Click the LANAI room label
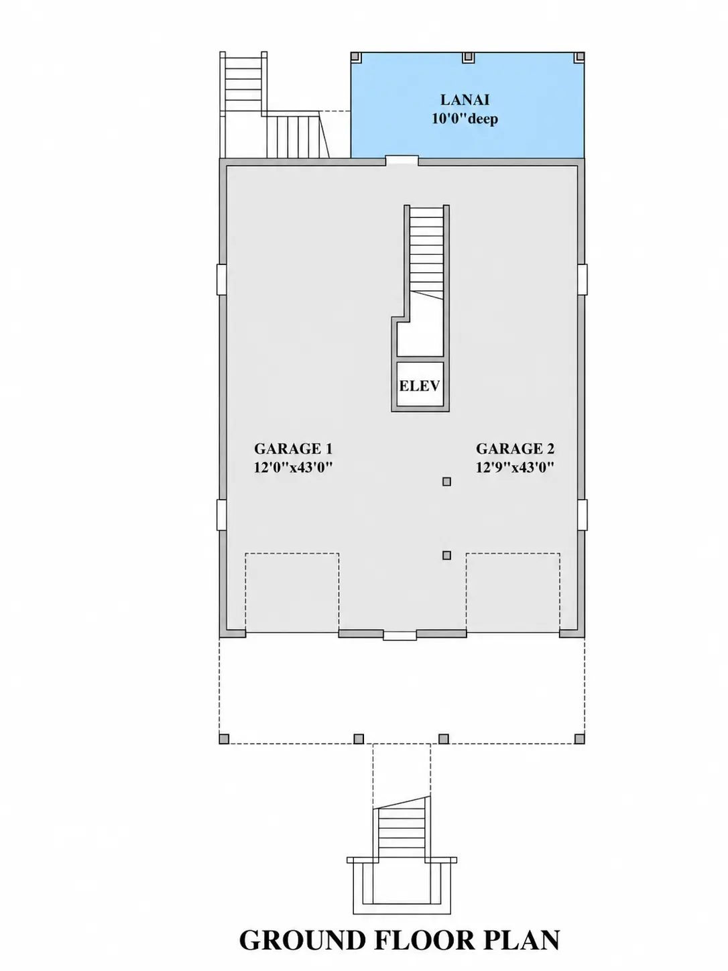[465, 100]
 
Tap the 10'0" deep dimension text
[465, 119]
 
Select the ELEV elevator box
[420, 384]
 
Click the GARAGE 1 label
[293, 449]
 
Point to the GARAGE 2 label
[515, 449]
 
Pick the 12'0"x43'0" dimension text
[293, 467]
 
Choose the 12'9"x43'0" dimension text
[515, 467]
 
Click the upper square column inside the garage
[447, 481]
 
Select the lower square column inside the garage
[447, 555]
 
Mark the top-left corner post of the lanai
[356, 58]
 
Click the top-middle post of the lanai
[468, 58]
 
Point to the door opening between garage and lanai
[402, 160]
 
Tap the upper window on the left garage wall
[221, 280]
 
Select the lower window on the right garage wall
[583, 515]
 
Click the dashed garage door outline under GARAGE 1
[292, 553]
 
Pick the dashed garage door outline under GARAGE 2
[513, 553]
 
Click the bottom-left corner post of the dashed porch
[224, 739]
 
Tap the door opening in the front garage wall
[400, 636]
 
